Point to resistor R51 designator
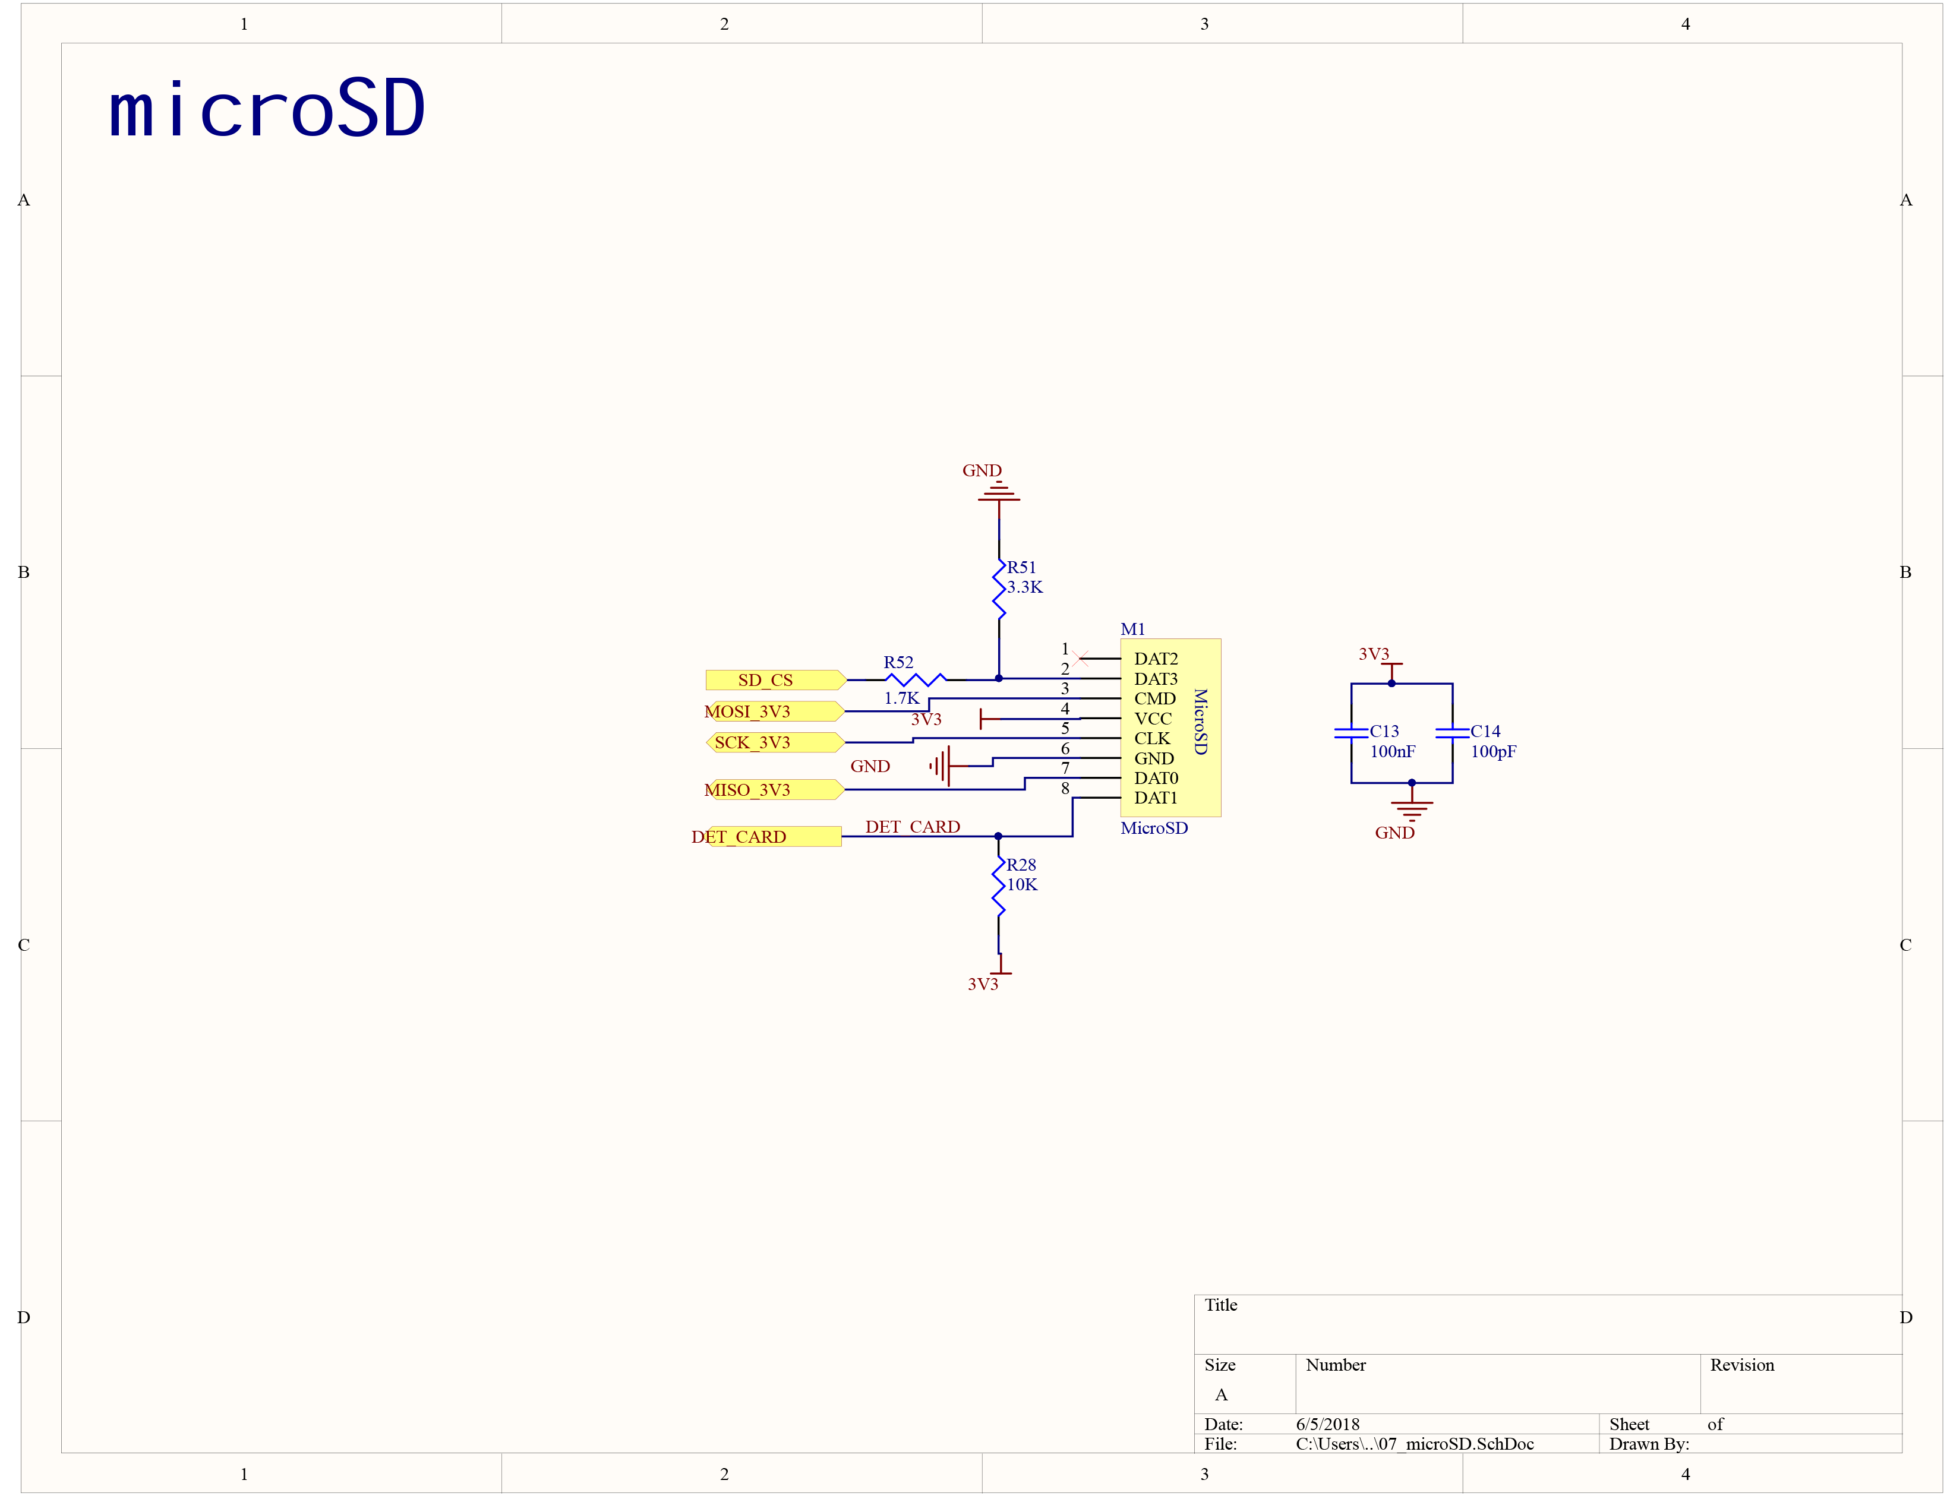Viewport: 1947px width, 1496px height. coord(1021,567)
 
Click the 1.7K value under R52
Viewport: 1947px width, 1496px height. coord(901,698)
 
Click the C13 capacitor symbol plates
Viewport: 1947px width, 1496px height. coord(1350,733)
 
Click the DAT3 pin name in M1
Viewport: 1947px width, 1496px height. coord(1155,679)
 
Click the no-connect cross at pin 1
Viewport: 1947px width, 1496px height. coord(1080,659)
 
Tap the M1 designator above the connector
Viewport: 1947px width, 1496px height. coord(1132,630)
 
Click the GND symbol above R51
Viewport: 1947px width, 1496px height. coord(998,492)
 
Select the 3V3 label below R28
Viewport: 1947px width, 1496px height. coord(982,984)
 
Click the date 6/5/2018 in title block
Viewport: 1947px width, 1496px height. coord(1327,1424)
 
